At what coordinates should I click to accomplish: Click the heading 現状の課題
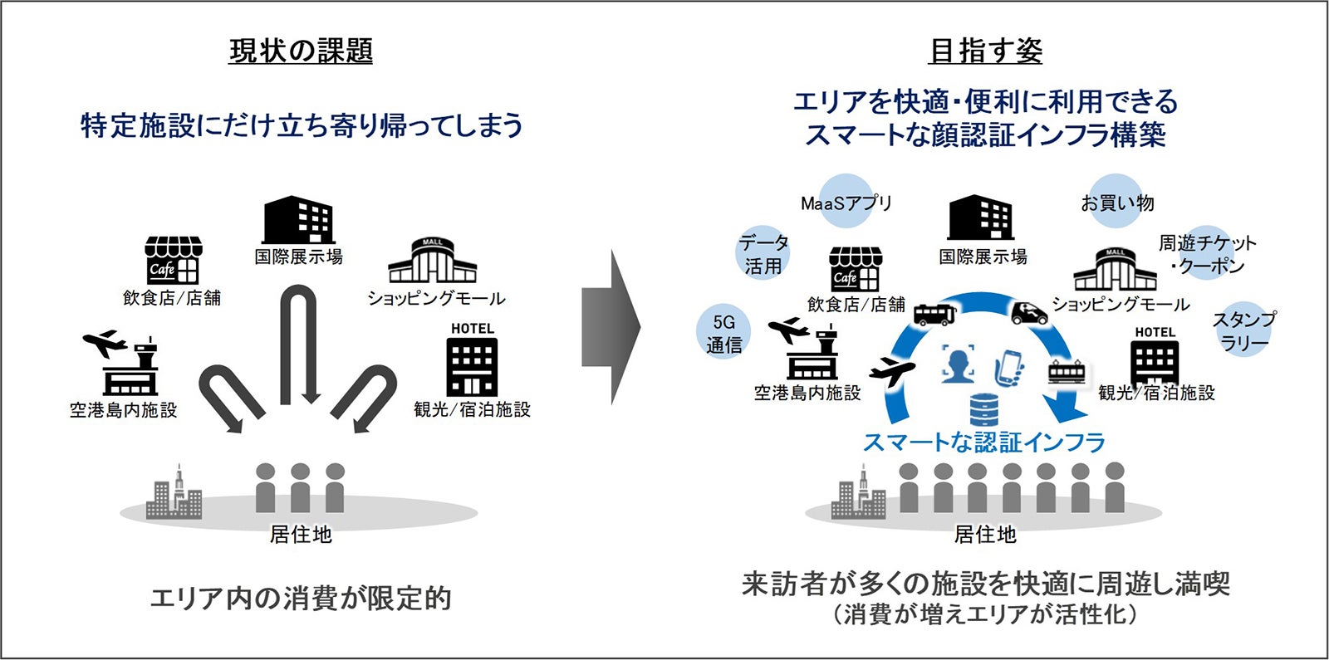pos(301,51)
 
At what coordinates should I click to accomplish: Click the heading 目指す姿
pos(985,51)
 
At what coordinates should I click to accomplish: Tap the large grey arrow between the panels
pos(611,327)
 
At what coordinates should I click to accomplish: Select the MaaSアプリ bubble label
pos(846,203)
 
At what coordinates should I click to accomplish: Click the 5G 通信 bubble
pos(723,333)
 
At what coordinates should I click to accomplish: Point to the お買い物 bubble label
pos(1116,203)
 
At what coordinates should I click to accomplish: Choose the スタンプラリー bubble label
pos(1243,330)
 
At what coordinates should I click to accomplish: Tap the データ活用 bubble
pos(763,254)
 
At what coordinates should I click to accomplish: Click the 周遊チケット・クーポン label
pos(1207,254)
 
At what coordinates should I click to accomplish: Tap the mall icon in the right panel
pos(1115,269)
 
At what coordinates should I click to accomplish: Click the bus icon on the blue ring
pos(934,314)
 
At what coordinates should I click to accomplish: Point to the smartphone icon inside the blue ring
pos(1009,366)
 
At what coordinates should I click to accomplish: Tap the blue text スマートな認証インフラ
pos(984,442)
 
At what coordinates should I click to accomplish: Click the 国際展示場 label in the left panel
pos(298,257)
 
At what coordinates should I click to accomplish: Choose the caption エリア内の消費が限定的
pos(301,599)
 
